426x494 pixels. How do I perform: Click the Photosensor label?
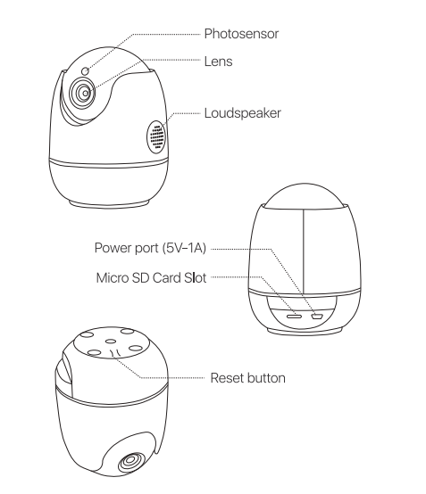tap(241, 34)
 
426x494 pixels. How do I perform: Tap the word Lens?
tap(219, 62)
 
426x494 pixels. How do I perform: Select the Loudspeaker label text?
tap(242, 113)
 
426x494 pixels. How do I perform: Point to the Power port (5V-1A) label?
tap(150, 248)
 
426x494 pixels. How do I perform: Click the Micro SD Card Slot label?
tap(151, 278)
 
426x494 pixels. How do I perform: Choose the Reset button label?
tap(247, 378)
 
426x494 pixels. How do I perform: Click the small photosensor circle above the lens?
tap(85, 70)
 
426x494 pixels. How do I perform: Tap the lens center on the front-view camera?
tap(86, 94)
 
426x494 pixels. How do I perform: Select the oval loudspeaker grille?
tap(156, 137)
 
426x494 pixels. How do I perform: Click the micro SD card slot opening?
tap(294, 316)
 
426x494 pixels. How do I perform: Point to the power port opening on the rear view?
tap(316, 316)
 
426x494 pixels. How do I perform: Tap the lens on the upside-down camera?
tap(131, 462)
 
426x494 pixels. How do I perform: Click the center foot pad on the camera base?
tap(111, 341)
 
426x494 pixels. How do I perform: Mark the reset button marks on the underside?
tap(115, 353)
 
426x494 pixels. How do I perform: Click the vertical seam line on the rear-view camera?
tap(304, 251)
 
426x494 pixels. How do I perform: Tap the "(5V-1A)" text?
tap(184, 248)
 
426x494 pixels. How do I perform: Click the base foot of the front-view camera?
tap(109, 203)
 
